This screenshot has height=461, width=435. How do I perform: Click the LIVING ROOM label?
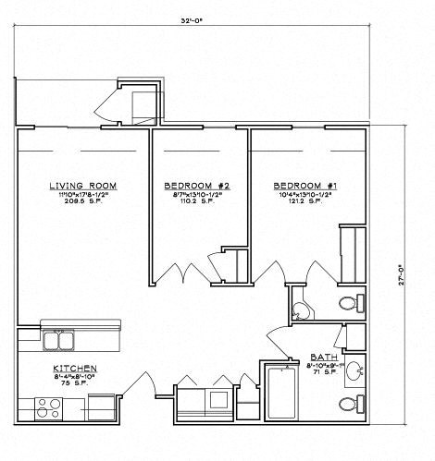tap(83, 186)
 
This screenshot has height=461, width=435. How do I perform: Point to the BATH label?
tap(323, 357)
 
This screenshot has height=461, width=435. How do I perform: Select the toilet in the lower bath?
tap(349, 403)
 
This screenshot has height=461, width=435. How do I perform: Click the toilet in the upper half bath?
tap(349, 303)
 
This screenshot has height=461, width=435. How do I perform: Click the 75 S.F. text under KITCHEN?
tap(75, 382)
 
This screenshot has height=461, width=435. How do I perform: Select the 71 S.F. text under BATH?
tap(323, 372)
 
